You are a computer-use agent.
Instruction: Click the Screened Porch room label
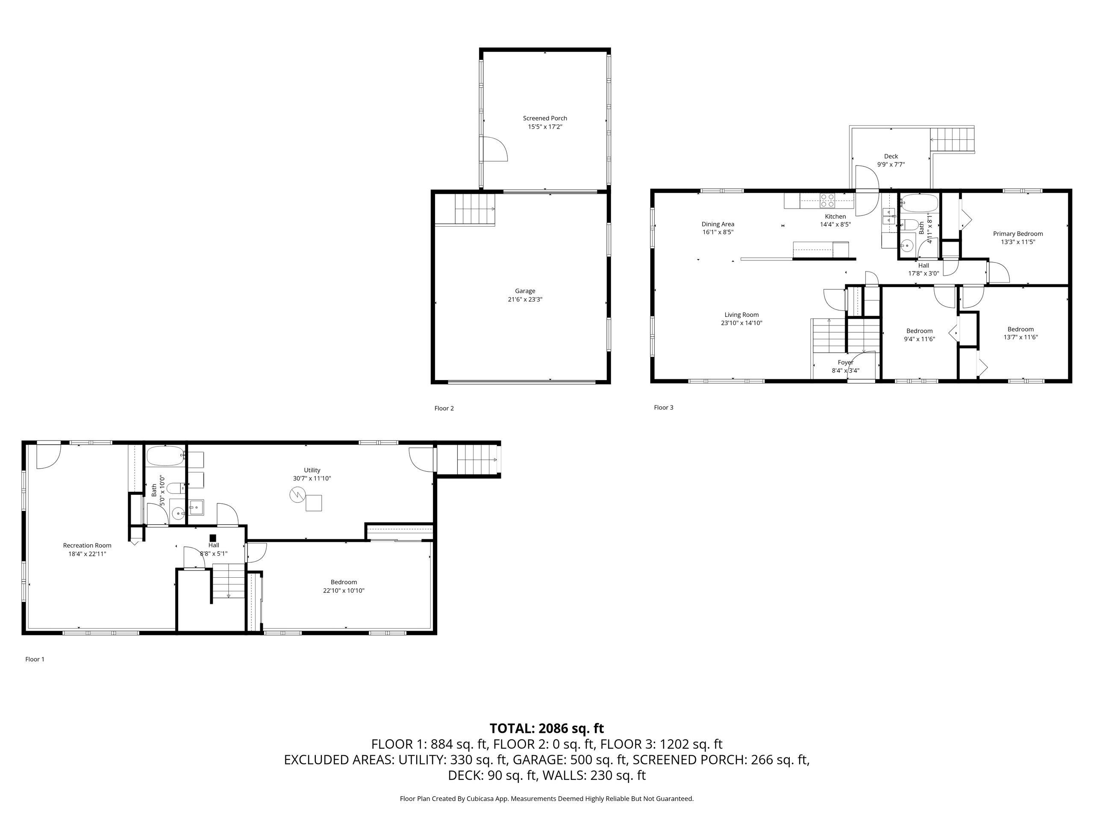(544, 118)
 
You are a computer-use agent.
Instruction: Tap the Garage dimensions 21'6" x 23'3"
(525, 299)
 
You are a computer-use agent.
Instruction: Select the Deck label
(891, 157)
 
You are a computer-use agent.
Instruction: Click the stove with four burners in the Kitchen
(827, 201)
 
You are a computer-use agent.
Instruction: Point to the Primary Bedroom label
(1018, 234)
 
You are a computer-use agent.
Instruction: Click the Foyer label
(845, 362)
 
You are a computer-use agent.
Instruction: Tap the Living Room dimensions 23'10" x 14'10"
(741, 323)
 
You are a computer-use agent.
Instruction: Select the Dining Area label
(718, 224)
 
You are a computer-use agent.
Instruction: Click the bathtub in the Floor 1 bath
(165, 456)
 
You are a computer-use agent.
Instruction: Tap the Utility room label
(312, 470)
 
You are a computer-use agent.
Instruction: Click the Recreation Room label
(87, 545)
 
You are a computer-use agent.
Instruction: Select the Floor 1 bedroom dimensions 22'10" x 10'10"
(344, 591)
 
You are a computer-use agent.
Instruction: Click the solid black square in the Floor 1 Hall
(213, 538)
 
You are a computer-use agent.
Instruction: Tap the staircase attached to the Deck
(952, 139)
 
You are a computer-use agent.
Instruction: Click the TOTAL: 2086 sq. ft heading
(547, 729)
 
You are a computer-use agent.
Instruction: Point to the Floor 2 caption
(444, 408)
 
